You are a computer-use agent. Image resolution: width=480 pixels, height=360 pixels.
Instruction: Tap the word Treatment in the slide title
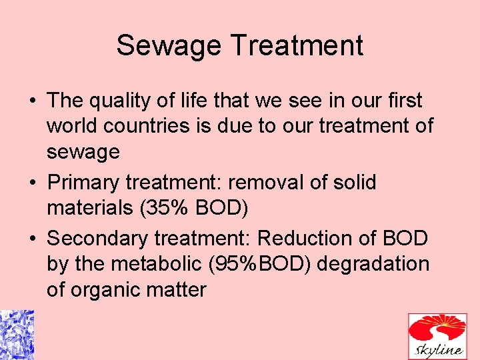297,46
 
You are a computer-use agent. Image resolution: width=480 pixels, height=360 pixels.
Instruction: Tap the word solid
354,182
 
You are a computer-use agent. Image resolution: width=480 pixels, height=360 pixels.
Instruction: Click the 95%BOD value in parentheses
259,263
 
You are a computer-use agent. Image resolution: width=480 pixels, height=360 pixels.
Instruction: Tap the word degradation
375,264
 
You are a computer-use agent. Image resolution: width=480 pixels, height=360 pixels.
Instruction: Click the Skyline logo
437,337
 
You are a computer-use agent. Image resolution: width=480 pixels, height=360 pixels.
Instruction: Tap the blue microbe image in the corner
17,335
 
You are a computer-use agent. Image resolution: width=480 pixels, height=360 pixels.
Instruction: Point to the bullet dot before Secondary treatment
32,239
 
